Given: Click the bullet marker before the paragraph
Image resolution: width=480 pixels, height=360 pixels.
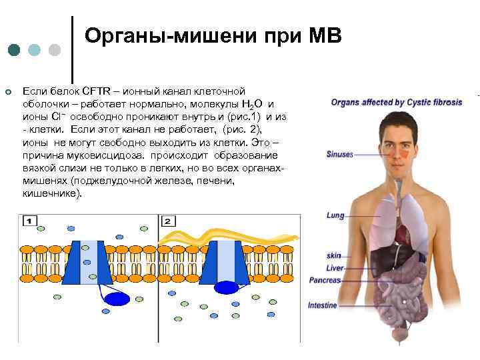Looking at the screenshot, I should (x=7, y=91).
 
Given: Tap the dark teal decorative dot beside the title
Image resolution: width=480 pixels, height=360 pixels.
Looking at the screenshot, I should (x=14, y=51).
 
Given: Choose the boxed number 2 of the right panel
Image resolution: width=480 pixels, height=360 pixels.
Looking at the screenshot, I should (x=167, y=221).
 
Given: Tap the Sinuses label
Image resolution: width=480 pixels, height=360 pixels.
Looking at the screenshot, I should (x=339, y=154).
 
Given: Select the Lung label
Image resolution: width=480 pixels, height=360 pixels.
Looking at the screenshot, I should (x=335, y=215).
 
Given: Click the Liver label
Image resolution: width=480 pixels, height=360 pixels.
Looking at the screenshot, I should (x=335, y=268).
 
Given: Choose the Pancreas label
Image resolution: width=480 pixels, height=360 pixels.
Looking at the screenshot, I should (x=325, y=281).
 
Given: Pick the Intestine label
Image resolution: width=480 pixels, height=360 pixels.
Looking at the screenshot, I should (x=323, y=305).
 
